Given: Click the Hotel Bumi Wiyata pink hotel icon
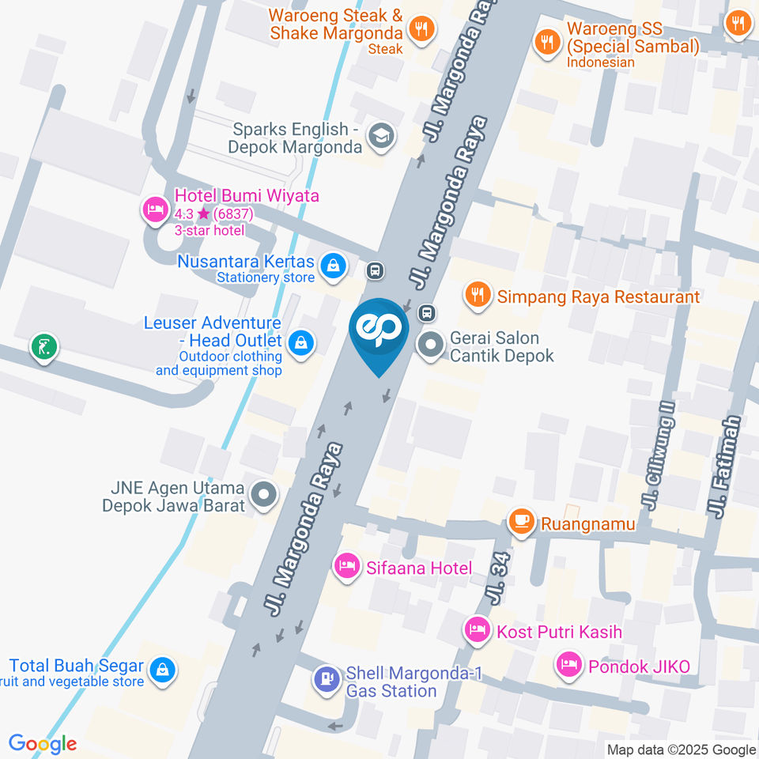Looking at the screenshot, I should [153, 210].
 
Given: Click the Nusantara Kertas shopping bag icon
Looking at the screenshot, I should [334, 266].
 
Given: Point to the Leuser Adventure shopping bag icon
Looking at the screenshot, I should [300, 342].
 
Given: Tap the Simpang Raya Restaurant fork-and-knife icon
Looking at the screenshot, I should [476, 296].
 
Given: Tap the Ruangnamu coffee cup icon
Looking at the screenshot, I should [520, 522].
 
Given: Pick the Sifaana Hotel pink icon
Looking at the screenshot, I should [346, 566].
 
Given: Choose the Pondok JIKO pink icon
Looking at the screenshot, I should [568, 665].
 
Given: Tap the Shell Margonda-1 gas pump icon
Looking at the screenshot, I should [326, 679].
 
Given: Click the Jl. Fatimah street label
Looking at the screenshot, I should [726, 466].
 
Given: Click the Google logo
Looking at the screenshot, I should [43, 743].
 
